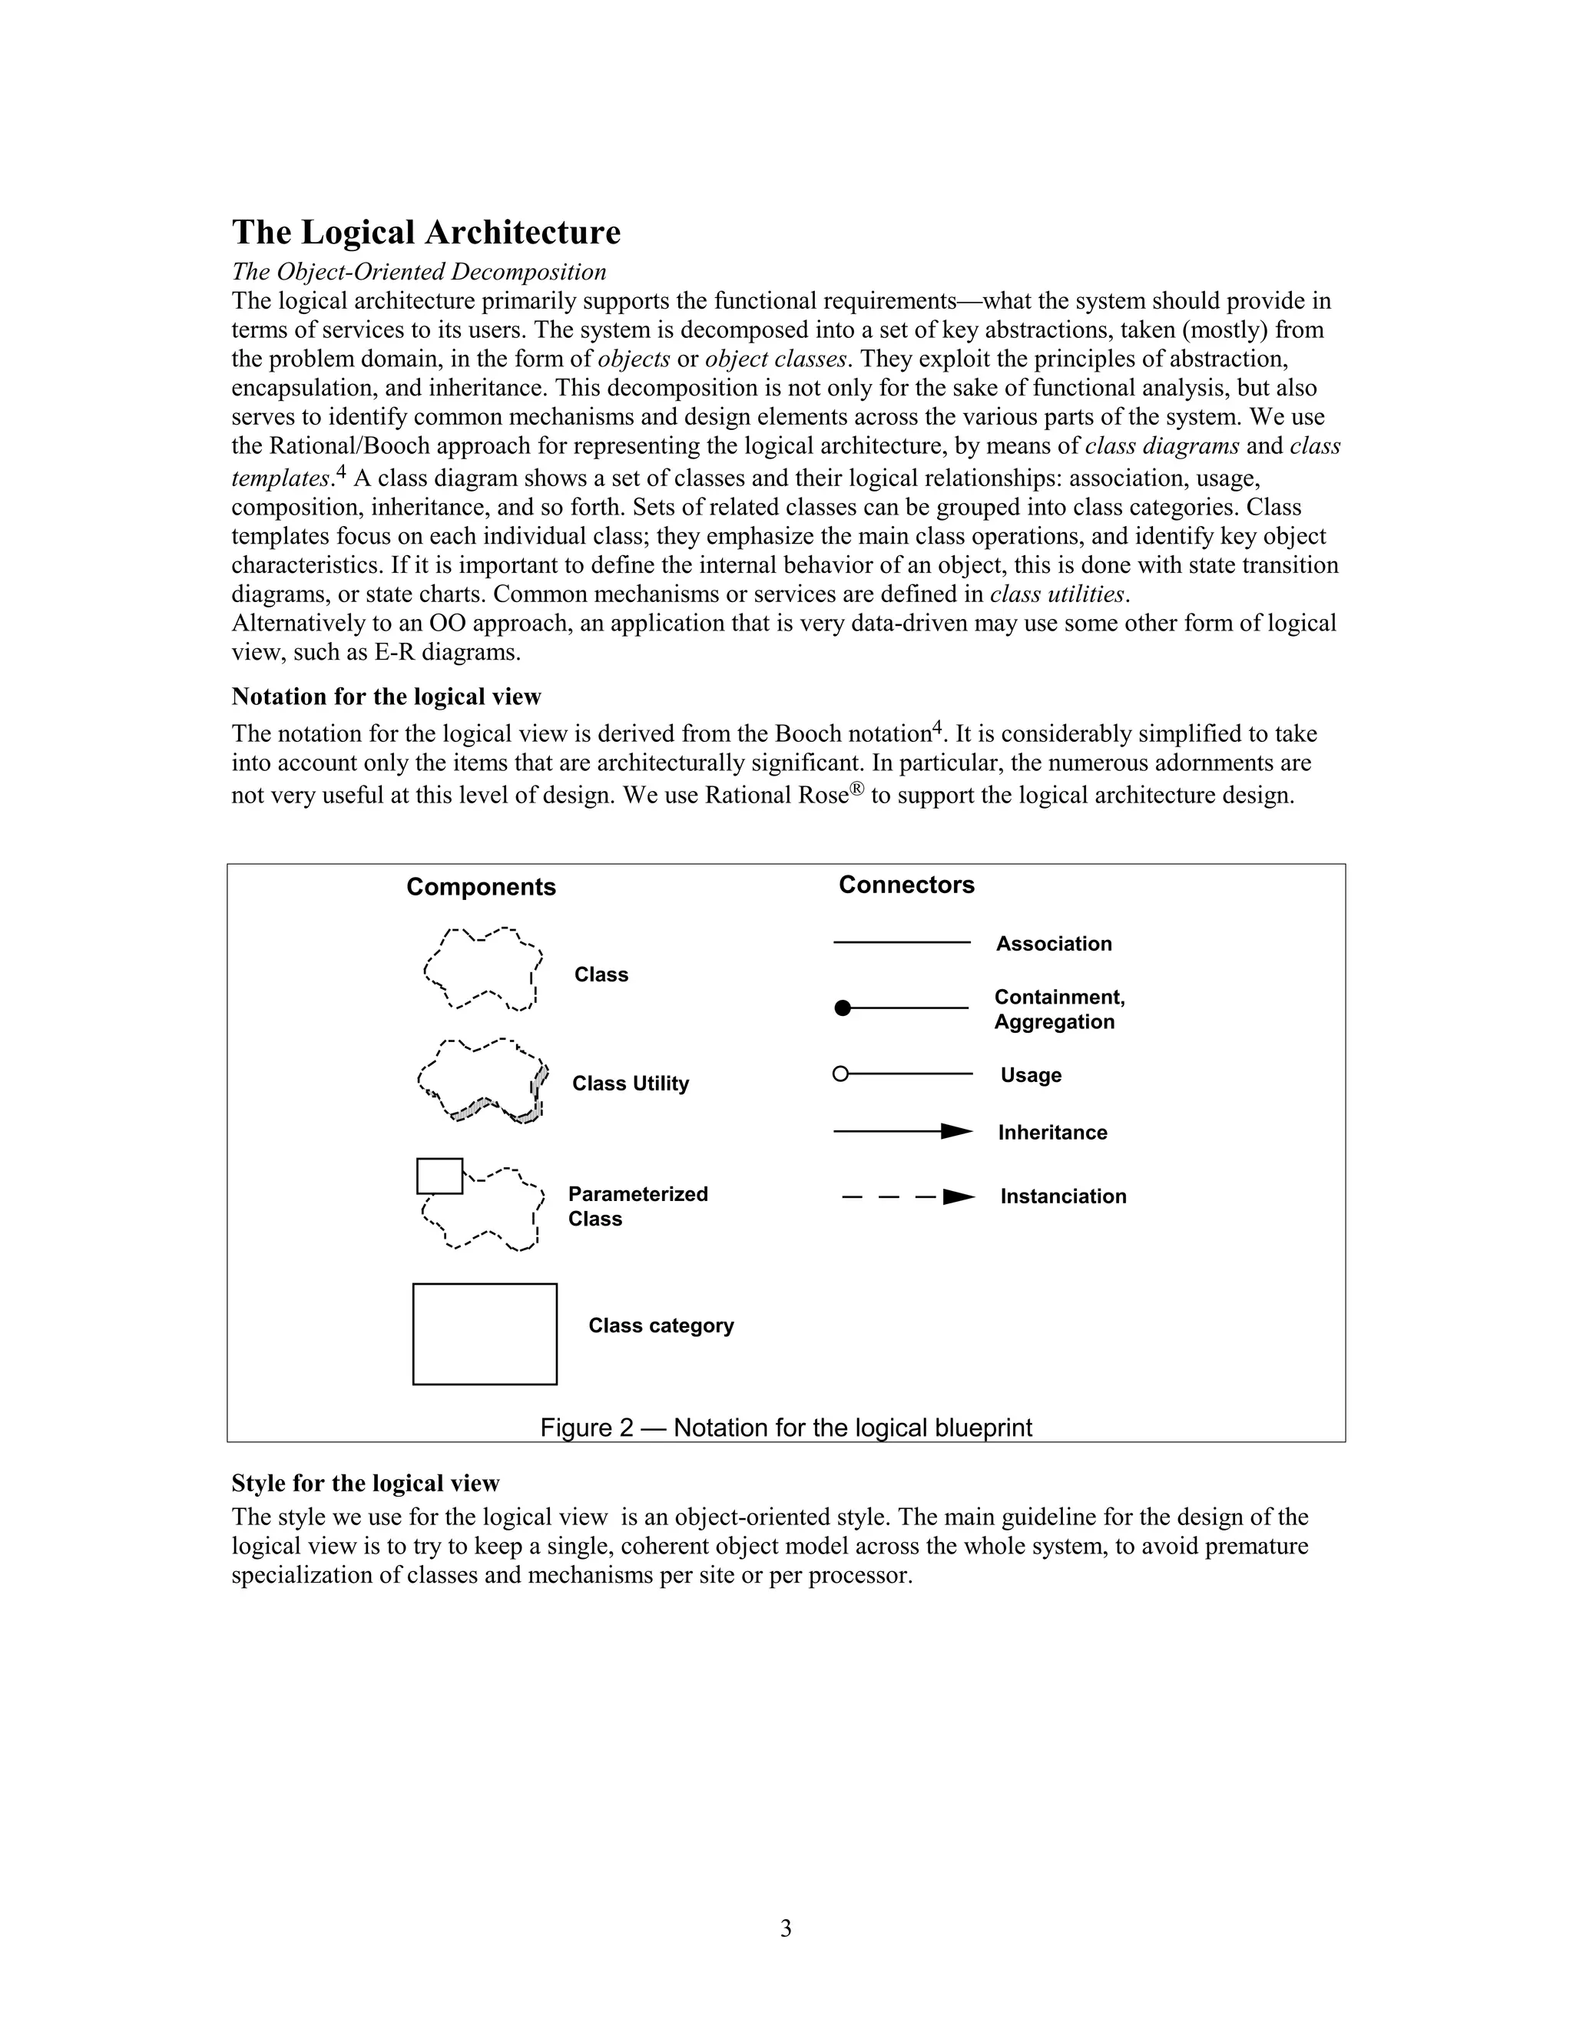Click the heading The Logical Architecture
[x=426, y=232]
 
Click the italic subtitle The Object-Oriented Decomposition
[x=419, y=272]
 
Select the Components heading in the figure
[x=481, y=887]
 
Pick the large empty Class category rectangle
[x=485, y=1335]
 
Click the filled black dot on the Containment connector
[x=843, y=1008]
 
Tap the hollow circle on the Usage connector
[x=840, y=1074]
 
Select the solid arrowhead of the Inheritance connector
[x=957, y=1131]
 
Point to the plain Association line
[x=901, y=943]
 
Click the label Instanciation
[x=1062, y=1196]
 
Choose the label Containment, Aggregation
[x=1058, y=1009]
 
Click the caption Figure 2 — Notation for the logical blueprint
[x=786, y=1428]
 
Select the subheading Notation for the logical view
[x=386, y=697]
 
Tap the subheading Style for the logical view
[x=366, y=1484]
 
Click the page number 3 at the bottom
[x=786, y=1929]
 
